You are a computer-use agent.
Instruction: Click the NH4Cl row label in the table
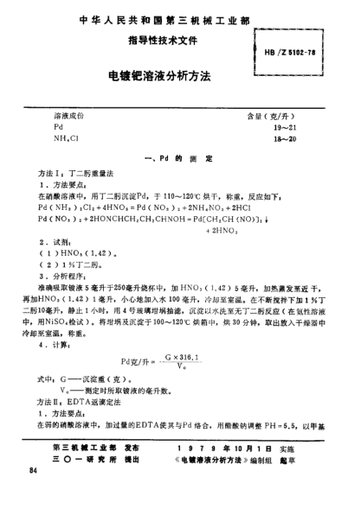(x=65, y=139)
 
